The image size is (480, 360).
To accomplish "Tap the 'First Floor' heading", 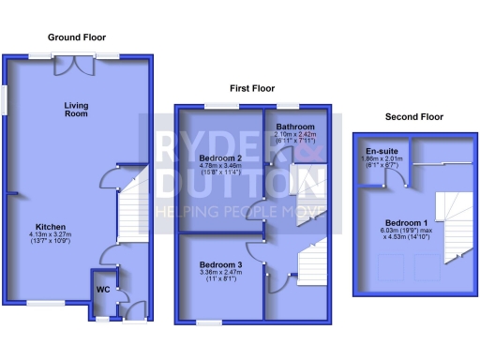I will coord(253,88).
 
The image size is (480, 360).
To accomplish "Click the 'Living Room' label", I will coord(76,110).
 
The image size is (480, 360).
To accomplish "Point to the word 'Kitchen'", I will coord(50,227).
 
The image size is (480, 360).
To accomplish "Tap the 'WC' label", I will coord(103,290).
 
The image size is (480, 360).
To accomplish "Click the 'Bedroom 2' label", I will coord(220,157).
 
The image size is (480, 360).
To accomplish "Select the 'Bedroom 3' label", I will coord(220,265).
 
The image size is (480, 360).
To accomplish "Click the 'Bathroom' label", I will coord(294,127).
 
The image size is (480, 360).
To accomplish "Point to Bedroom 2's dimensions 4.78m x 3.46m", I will coord(220,166).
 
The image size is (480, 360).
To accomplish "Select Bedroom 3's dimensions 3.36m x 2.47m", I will coord(220,273).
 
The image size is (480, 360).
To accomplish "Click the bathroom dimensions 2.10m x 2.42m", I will coord(294,135).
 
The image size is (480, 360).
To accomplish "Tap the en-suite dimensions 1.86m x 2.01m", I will coord(380,159).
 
